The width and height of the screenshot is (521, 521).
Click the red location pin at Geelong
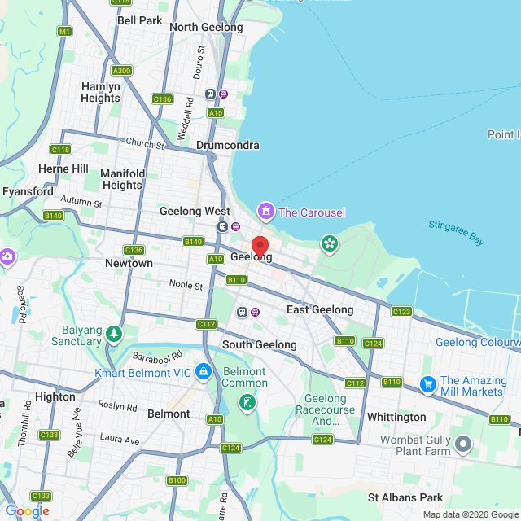(260, 246)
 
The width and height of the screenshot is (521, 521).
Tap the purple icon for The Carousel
(265, 212)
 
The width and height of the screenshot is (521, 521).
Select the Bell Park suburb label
(140, 20)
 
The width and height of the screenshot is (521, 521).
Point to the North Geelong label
(206, 27)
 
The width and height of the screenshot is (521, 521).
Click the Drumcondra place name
(228, 145)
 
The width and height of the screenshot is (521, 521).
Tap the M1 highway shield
(64, 31)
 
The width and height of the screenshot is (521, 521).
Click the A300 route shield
(122, 71)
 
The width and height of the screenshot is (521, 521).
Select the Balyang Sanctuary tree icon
(115, 334)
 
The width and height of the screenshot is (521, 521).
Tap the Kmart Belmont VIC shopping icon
(204, 372)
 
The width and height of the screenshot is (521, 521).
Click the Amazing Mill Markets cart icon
(427, 383)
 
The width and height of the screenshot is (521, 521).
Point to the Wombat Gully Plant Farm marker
(463, 444)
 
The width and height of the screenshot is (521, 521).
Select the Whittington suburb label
(396, 417)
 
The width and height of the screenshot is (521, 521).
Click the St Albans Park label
(405, 497)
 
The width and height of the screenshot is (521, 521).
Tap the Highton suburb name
(33, 396)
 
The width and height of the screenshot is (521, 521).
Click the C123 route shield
(401, 311)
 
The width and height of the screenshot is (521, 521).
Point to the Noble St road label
(186, 284)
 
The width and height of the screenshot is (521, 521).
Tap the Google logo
(27, 510)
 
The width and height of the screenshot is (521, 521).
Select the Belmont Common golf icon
(246, 402)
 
